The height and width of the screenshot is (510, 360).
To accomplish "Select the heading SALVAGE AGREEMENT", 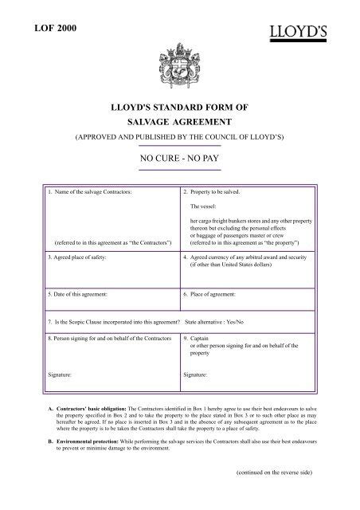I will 179,123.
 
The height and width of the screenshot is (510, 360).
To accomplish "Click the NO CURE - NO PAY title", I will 179,159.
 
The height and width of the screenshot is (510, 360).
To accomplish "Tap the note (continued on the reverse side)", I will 273,472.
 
